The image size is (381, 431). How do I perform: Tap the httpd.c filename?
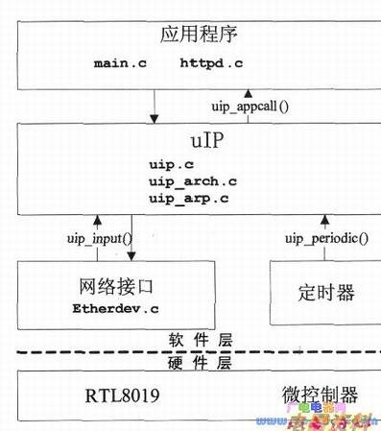click(211, 64)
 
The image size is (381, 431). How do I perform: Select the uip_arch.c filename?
click(192, 181)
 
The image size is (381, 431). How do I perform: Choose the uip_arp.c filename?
click(188, 198)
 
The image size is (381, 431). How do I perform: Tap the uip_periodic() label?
click(325, 239)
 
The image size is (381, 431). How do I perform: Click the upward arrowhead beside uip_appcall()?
click(248, 94)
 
